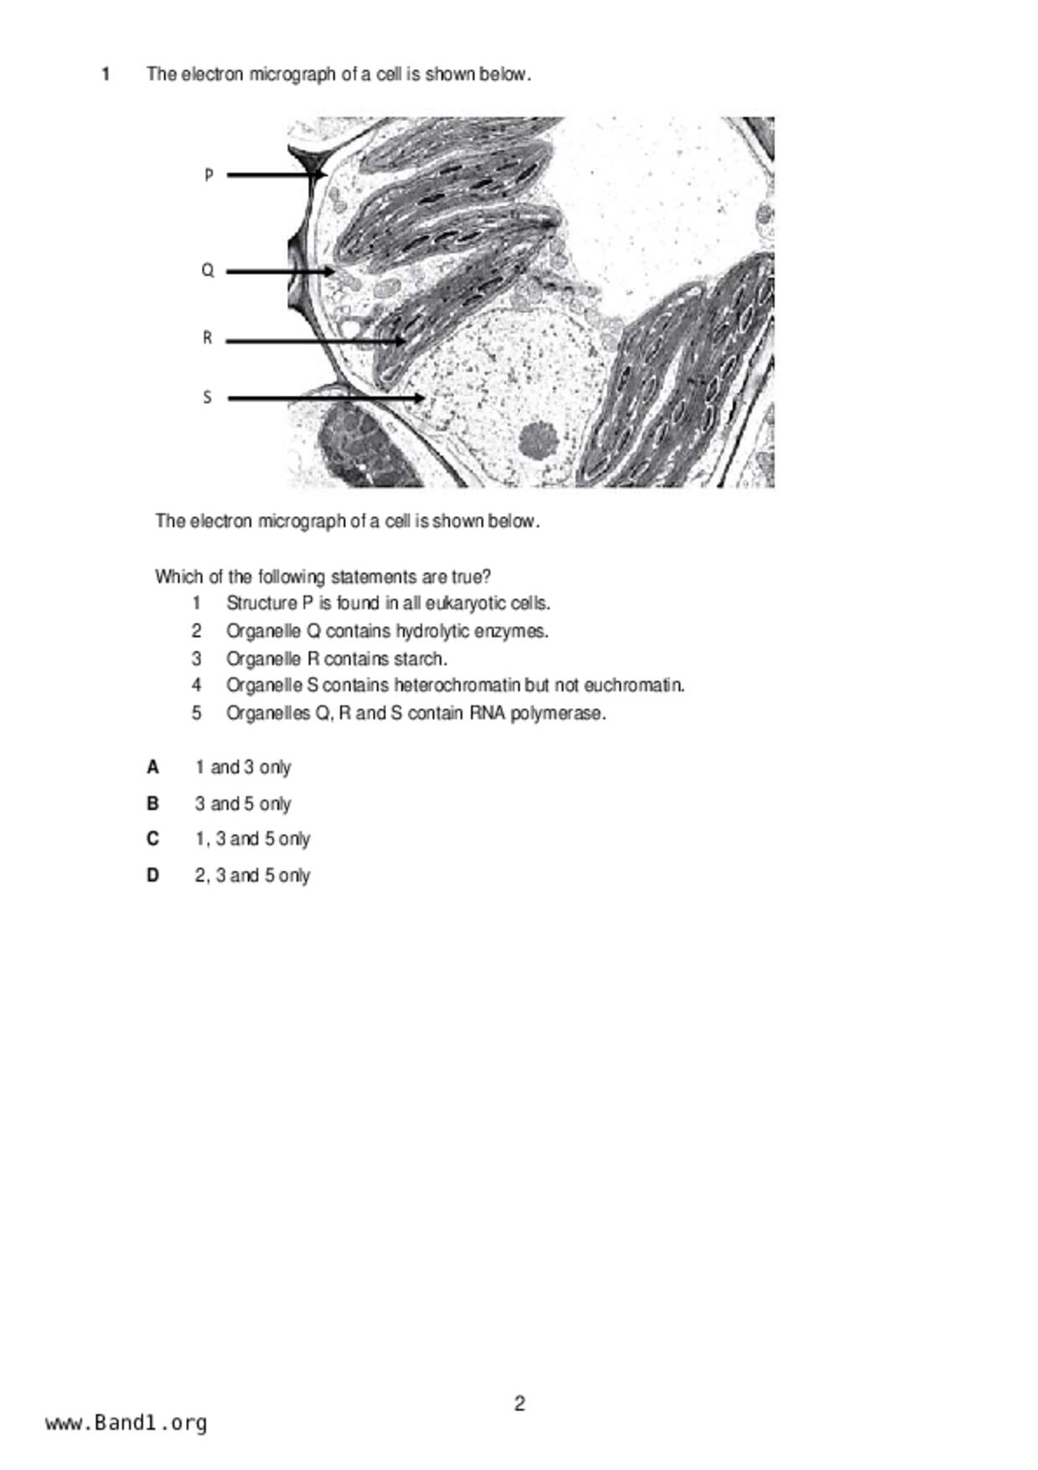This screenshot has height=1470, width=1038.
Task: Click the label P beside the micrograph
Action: pyautogui.click(x=209, y=175)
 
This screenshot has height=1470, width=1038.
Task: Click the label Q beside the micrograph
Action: pyautogui.click(x=208, y=271)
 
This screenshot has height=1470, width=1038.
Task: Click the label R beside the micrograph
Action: pyautogui.click(x=207, y=338)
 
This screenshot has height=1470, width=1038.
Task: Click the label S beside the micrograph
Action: pyautogui.click(x=207, y=397)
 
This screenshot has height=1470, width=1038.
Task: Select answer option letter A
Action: pyautogui.click(x=152, y=767)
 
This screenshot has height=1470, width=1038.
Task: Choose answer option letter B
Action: pyautogui.click(x=152, y=804)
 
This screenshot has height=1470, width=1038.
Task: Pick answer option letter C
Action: pyautogui.click(x=152, y=839)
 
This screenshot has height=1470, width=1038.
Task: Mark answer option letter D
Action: pyautogui.click(x=152, y=876)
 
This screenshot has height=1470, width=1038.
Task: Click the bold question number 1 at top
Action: pyautogui.click(x=106, y=75)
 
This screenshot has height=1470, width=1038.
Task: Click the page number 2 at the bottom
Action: pyautogui.click(x=519, y=1403)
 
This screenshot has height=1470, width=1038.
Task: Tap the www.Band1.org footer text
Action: pyautogui.click(x=126, y=1423)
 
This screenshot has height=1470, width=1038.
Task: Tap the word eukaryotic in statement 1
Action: pyautogui.click(x=465, y=603)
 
